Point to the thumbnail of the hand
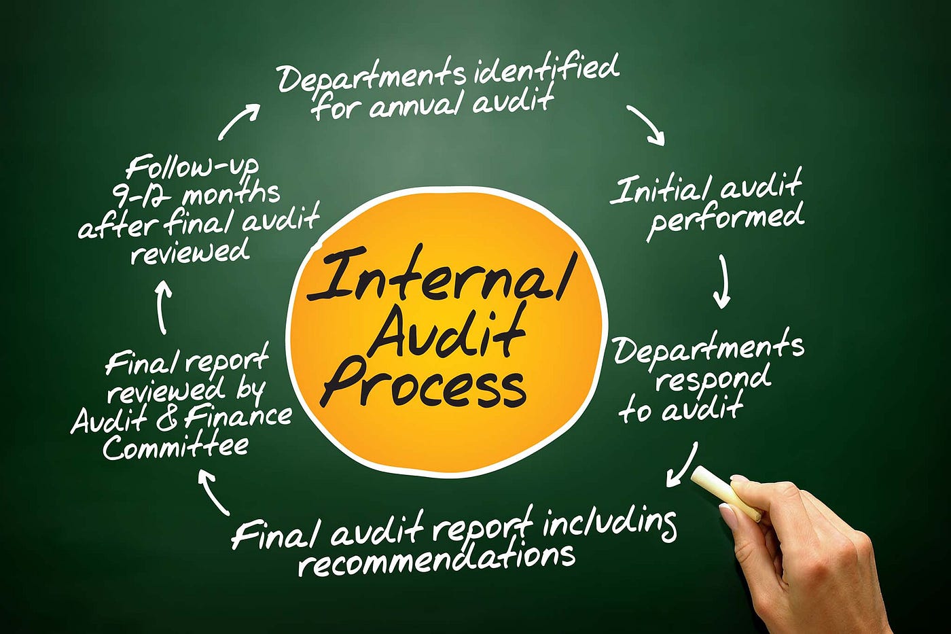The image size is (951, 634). click(728, 514)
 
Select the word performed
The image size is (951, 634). click(725, 219)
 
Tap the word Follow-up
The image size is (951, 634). click(192, 167)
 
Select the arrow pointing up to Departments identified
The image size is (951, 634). click(238, 121)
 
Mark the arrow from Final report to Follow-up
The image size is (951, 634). click(162, 307)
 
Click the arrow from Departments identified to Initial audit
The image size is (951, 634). click(646, 124)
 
